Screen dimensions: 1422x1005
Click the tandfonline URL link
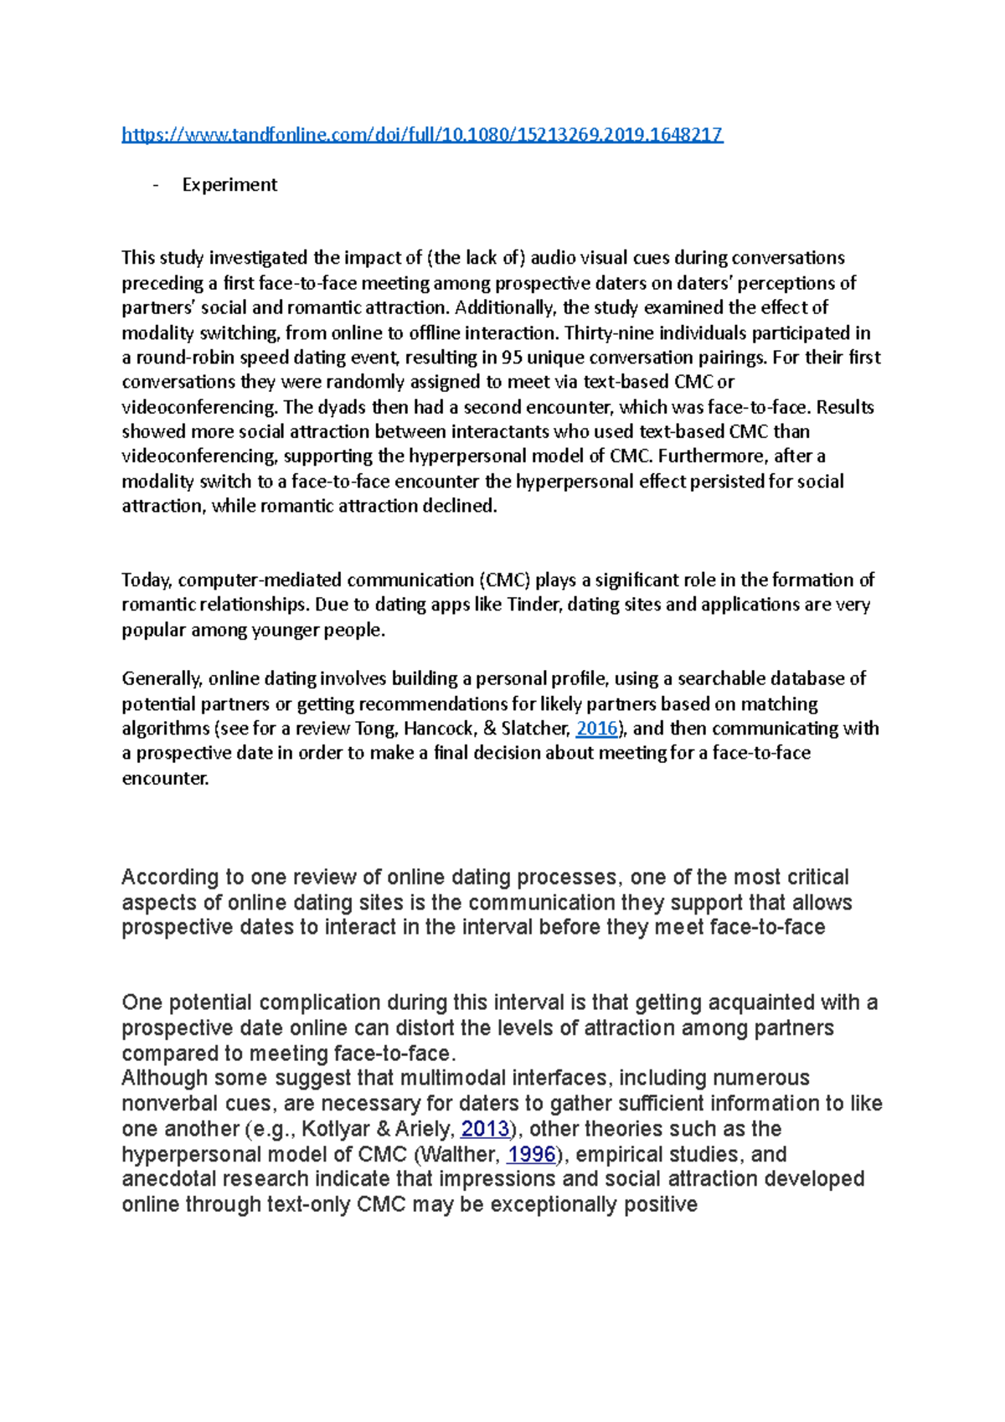[x=422, y=135]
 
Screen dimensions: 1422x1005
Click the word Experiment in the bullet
[x=229, y=185]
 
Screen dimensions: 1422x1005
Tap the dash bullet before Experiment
[x=156, y=185]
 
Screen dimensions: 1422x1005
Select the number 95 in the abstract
[x=512, y=358]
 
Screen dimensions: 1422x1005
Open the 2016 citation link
[x=597, y=729]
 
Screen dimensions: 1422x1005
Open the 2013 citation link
[x=485, y=1129]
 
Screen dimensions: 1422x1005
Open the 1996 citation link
[x=531, y=1155]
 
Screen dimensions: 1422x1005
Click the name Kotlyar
[x=335, y=1129]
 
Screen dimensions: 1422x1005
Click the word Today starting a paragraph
[x=147, y=580]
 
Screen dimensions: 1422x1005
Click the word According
[x=170, y=878]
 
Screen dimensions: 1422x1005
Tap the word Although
[x=164, y=1078]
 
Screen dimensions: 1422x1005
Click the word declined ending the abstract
[x=466, y=507]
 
